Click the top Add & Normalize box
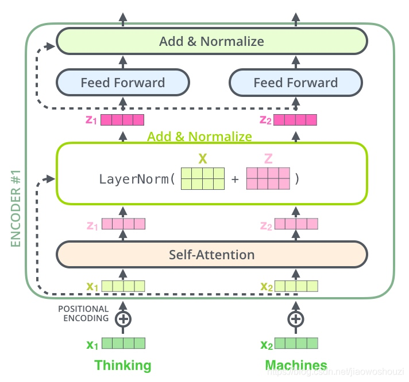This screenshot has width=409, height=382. click(211, 41)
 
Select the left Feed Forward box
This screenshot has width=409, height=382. click(122, 83)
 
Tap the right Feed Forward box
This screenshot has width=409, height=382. click(295, 83)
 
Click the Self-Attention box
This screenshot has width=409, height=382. click(211, 254)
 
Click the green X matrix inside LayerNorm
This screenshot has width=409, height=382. click(202, 178)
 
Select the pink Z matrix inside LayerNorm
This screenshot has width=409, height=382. click(268, 178)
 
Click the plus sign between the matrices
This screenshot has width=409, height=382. click(235, 179)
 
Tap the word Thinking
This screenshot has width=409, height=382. click(122, 365)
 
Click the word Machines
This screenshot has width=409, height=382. click(296, 365)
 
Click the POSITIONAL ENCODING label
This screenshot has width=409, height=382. click(83, 314)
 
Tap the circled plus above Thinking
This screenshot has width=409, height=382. click(122, 319)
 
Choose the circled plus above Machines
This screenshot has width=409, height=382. click(295, 319)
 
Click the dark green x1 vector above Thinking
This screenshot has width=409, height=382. click(123, 344)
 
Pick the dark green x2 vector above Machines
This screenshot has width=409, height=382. click(296, 344)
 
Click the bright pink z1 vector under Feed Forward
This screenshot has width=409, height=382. click(122, 120)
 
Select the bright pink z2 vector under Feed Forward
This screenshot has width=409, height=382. click(295, 120)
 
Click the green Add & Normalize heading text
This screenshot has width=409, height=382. click(199, 137)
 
